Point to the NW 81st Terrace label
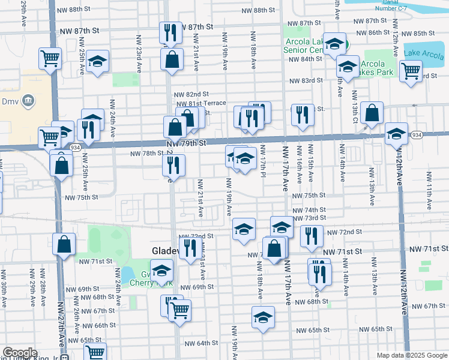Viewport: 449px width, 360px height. tap(200, 103)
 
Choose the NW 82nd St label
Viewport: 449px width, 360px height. tap(191, 94)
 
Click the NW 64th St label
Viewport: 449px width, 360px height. tap(200, 343)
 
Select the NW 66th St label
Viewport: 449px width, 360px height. tap(96, 325)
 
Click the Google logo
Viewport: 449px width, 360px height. tap(20, 353)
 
